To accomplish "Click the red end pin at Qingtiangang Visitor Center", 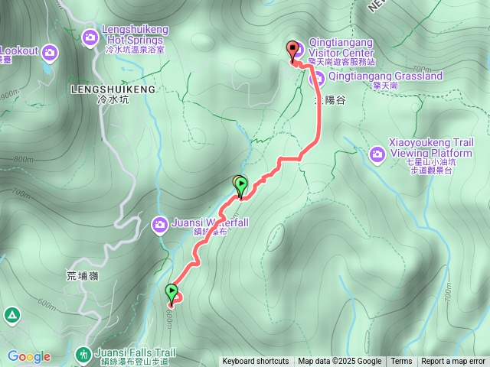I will pos(291,50).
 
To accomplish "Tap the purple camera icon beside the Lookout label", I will pos(50,52).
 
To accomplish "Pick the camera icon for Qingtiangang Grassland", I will pos(317,77).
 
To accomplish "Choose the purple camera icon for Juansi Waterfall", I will pos(159,224).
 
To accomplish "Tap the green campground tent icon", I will pos(11,315).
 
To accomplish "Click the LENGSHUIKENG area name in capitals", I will pos(113,89).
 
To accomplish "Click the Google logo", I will pos(28,356).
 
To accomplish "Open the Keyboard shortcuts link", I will pos(255,362).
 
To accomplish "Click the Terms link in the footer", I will pos(401,362).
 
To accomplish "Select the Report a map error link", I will pos(453,362).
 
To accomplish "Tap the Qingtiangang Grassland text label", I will pos(386,76).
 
